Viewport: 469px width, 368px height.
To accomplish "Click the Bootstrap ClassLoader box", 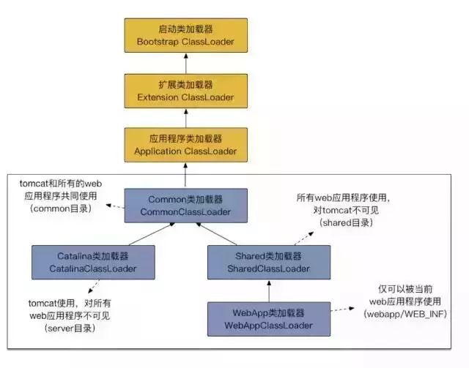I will tap(185, 35).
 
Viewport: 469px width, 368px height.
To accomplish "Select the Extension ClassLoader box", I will tap(185, 90).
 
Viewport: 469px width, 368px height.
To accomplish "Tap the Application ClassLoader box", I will tap(185, 145).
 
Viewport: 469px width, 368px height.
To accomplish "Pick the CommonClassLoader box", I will tap(185, 206).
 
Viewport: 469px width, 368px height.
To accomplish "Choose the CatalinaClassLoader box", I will tap(93, 262).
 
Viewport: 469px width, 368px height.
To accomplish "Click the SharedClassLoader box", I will tap(268, 262).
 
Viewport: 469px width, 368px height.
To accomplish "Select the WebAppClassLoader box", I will tap(268, 318).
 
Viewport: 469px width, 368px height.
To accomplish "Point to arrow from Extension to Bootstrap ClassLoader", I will tap(185, 63).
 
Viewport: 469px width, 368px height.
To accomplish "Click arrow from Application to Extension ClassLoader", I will tap(185, 118).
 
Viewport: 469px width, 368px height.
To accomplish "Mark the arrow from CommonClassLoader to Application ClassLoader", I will tap(185, 176).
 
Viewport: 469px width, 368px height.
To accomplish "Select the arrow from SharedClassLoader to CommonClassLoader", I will tap(227, 234).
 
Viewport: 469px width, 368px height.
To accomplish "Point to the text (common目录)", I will tap(59, 209).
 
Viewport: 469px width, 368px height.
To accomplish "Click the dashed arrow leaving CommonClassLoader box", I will tap(114, 207).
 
